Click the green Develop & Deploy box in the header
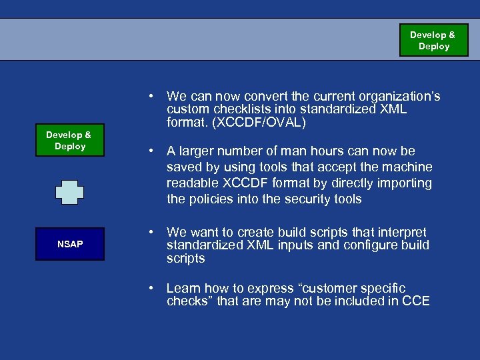(434, 41)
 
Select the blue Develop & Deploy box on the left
(70, 141)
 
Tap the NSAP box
(70, 244)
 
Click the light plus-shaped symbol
(70, 192)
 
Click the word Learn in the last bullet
(183, 288)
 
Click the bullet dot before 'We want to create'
(153, 232)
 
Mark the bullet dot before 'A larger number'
(153, 151)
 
